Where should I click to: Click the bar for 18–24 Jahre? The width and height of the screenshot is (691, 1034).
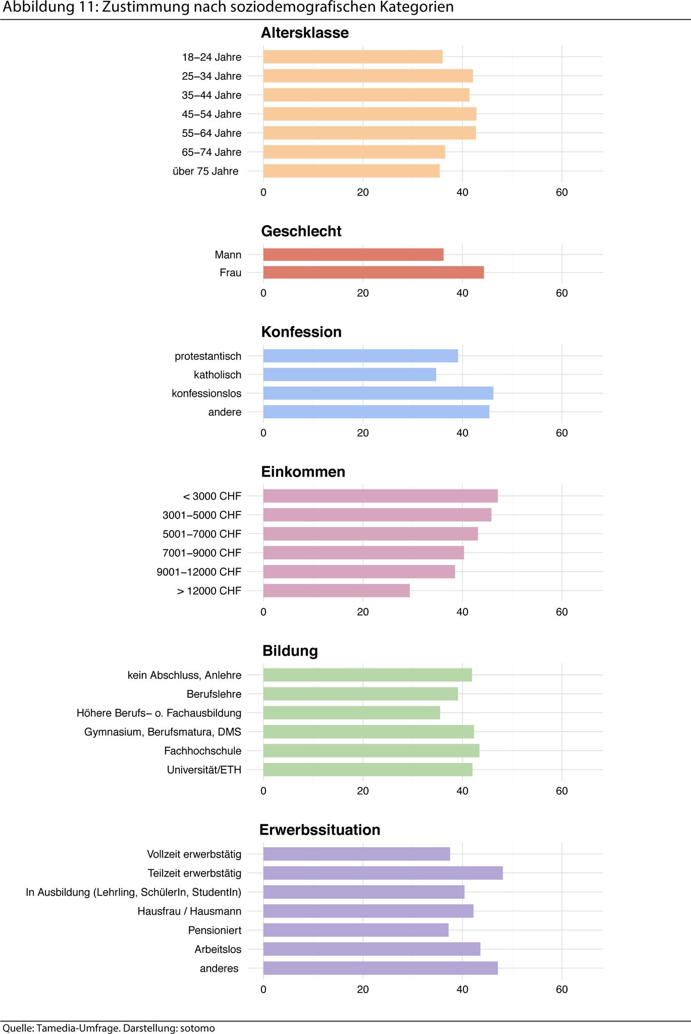pos(352,57)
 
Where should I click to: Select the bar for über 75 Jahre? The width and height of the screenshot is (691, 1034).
pos(351,171)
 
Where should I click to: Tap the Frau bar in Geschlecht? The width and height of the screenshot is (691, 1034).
pos(373,273)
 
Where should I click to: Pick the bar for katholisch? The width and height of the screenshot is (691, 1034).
pos(349,375)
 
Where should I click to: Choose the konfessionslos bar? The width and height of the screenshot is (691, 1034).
pos(378,393)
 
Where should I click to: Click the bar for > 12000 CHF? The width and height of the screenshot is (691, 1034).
pos(336,591)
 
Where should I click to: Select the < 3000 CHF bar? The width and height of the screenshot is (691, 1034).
pos(380,496)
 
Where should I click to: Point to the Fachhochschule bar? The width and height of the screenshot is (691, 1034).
pos(371,751)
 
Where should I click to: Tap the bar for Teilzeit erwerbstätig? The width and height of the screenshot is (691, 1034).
pos(383,873)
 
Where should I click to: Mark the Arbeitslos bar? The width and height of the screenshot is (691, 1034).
pos(371,949)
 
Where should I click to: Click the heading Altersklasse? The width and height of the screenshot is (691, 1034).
pos(304,33)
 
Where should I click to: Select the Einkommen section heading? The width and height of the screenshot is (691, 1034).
pos(303,472)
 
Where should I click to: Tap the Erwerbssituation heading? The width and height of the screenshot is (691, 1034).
pos(320,830)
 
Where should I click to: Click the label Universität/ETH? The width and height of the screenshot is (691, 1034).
pos(204,770)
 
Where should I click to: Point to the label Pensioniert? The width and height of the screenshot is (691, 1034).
pos(215,930)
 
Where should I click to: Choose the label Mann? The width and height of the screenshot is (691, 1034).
pos(228,255)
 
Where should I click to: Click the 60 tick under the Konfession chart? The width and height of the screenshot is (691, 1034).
pos(561,433)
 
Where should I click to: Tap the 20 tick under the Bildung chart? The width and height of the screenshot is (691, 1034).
pos(362,791)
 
